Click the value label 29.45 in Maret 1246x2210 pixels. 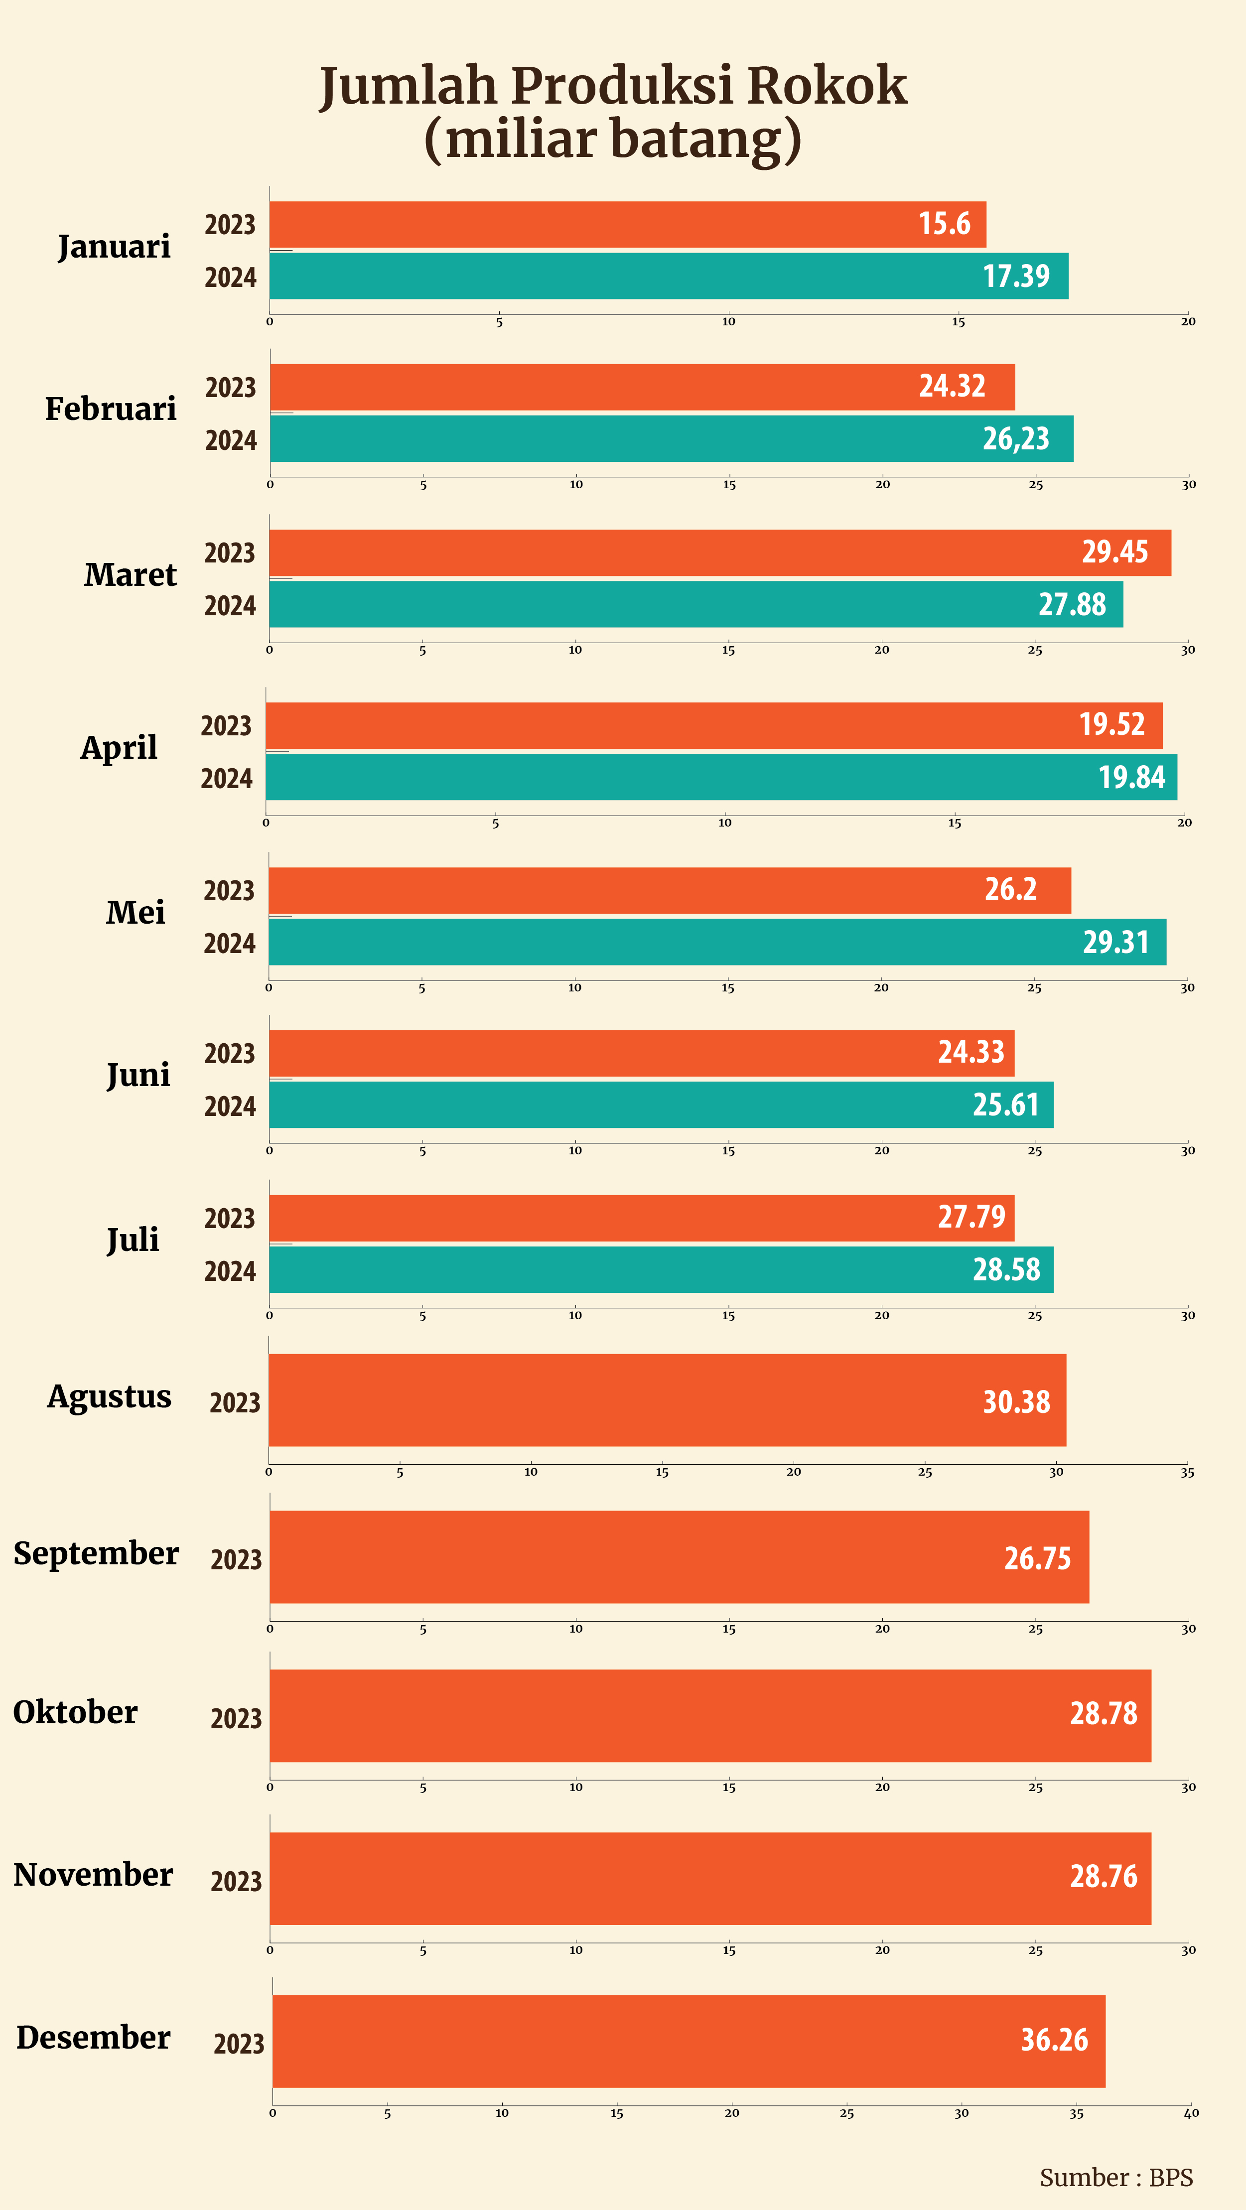[x=1114, y=552]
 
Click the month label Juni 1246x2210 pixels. [x=138, y=1075]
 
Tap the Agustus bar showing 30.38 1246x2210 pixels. [x=666, y=1400]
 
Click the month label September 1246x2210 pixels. [x=96, y=1554]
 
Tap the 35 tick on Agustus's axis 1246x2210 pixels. [x=1187, y=1472]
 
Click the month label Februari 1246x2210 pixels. [x=111, y=409]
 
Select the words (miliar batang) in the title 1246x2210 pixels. [x=613, y=139]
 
